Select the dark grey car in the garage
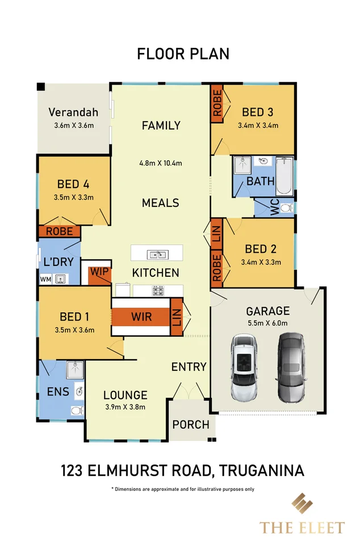tap(291, 368)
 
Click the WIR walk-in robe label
tap(141, 316)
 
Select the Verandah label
tap(73, 112)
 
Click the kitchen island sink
tap(157, 253)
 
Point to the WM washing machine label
tap(45, 280)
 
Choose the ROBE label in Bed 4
tap(59, 232)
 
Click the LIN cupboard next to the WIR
tap(176, 316)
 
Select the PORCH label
tap(191, 424)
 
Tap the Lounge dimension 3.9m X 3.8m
tap(125, 407)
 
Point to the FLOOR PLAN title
tap(183, 54)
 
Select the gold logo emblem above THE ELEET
tap(302, 505)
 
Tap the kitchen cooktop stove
tap(157, 290)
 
